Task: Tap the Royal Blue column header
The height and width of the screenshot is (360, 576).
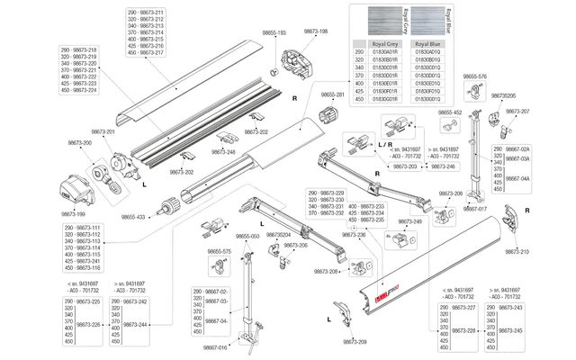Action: pos(427,43)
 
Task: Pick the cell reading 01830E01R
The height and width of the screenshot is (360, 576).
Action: pos(378,84)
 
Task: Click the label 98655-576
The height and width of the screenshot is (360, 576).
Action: pos(473,76)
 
